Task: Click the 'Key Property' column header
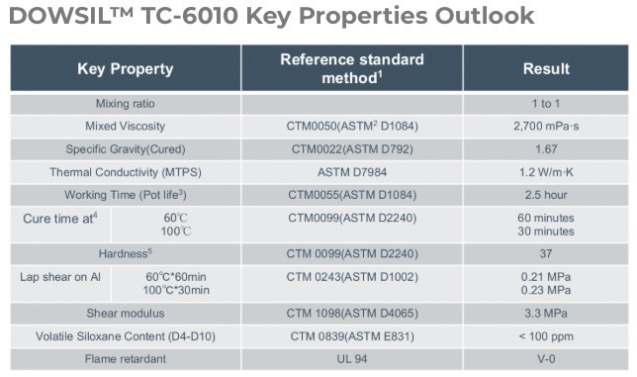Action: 125,68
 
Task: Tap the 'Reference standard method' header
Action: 351,68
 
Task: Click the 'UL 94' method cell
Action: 351,358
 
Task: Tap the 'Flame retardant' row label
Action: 125,358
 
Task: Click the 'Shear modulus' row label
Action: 125,314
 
